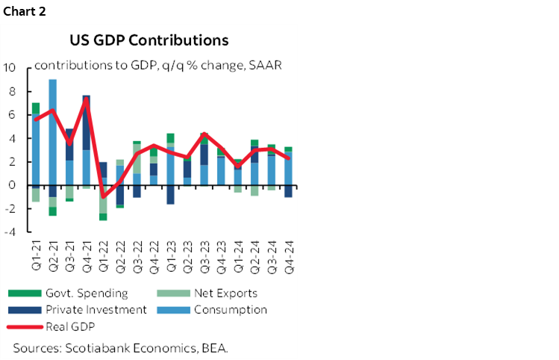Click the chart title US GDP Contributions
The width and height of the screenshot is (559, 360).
[149, 39]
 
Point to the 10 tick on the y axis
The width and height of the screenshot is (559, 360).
[10, 67]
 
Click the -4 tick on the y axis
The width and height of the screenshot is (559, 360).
[10, 232]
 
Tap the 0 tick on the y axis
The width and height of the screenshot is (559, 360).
[11, 184]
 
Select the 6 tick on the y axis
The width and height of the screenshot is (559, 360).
[11, 114]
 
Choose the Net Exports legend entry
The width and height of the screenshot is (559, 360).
[224, 294]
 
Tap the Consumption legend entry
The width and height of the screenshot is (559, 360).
[228, 310]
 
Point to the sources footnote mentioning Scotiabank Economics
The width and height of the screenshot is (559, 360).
[120, 348]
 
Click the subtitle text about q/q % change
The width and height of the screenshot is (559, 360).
[157, 65]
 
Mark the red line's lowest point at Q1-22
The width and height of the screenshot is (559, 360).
[103, 196]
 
